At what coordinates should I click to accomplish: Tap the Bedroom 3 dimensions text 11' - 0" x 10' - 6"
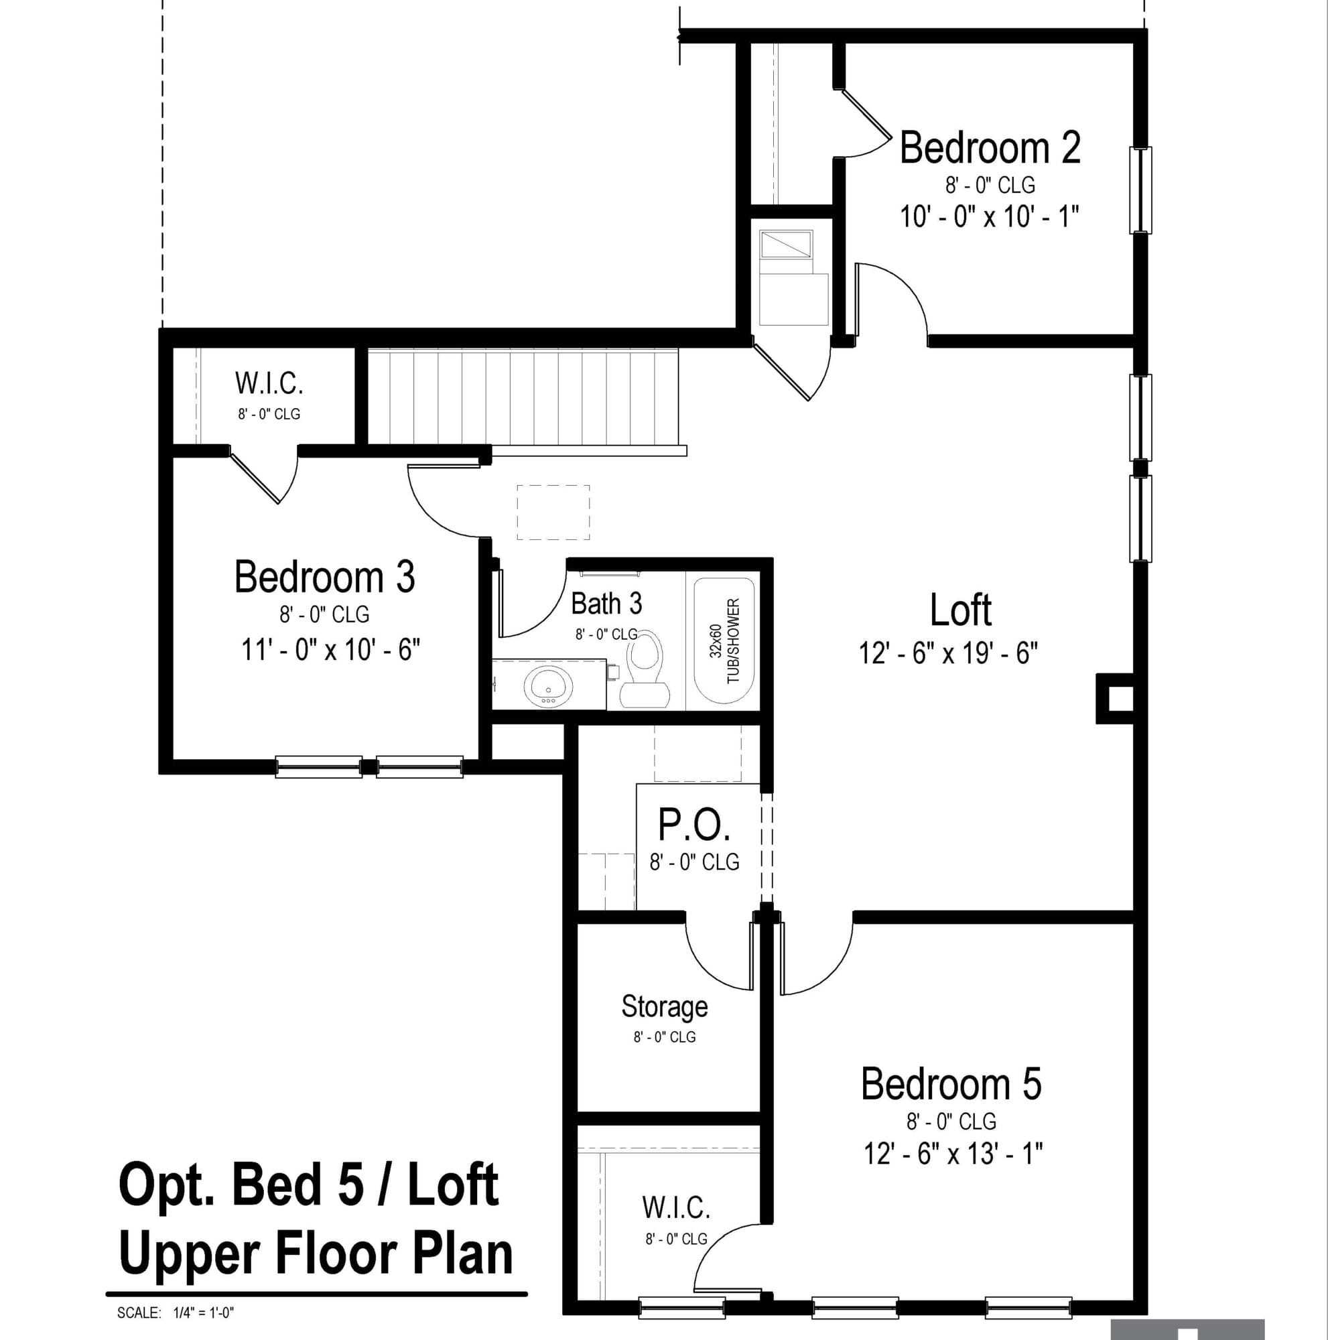pos(331,650)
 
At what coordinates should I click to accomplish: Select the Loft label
pos(960,610)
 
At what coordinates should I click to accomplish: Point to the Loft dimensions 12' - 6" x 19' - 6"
pos(948,653)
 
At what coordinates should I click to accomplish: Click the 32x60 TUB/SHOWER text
pos(725,641)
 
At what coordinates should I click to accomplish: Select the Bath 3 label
pos(606,604)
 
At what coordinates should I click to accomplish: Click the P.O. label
pos(694,824)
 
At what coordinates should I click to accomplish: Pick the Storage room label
pos(665,1006)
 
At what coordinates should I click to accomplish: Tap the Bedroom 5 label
pos(951,1084)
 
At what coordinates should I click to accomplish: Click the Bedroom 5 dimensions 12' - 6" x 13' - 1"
pos(953,1154)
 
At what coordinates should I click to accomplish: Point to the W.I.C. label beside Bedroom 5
pos(676,1207)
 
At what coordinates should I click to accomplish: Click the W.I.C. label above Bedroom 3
pos(269,383)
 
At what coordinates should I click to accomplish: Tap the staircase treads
pos(523,397)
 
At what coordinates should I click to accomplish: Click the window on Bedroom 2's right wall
pos(1141,190)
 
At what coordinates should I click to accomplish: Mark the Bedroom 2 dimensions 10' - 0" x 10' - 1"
pos(990,216)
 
